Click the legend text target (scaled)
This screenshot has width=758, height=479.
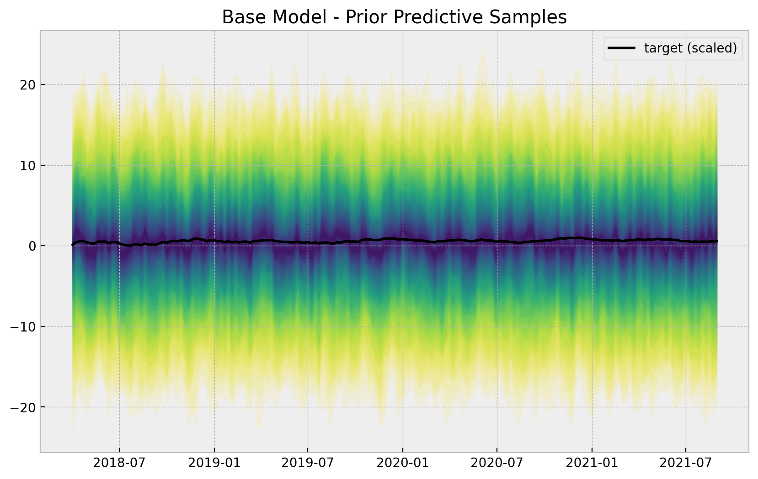690,48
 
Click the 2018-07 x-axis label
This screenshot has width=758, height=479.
119,463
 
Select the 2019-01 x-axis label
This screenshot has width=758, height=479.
214,463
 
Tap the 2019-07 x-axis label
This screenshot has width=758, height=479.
308,463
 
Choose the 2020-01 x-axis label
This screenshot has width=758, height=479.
403,463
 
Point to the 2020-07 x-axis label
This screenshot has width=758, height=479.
497,463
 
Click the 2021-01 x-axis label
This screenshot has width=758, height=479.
592,463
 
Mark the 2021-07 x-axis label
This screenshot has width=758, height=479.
686,463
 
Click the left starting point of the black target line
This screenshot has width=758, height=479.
73,245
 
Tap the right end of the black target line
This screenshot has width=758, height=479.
717,241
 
